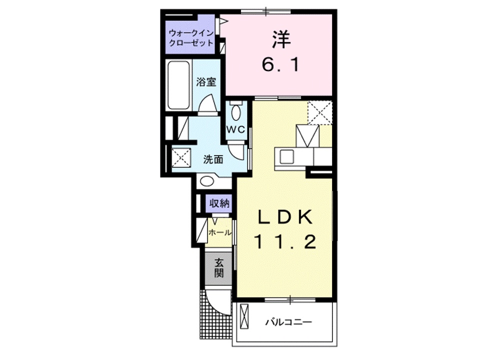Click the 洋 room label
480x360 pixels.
click(281, 40)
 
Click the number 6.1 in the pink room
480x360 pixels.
click(281, 65)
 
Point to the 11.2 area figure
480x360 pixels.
click(285, 242)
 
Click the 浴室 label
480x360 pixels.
click(206, 81)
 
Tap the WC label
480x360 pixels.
click(235, 129)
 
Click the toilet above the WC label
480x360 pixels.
click(236, 111)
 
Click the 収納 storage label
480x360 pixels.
click(219, 203)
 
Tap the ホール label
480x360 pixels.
click(219, 232)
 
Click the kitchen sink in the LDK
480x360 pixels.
click(288, 157)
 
